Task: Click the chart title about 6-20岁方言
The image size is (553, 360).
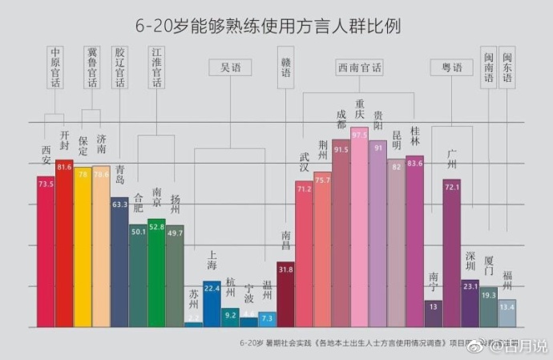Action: tap(268, 26)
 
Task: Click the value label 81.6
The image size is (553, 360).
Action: tap(64, 166)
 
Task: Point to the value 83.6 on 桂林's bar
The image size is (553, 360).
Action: tap(414, 163)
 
